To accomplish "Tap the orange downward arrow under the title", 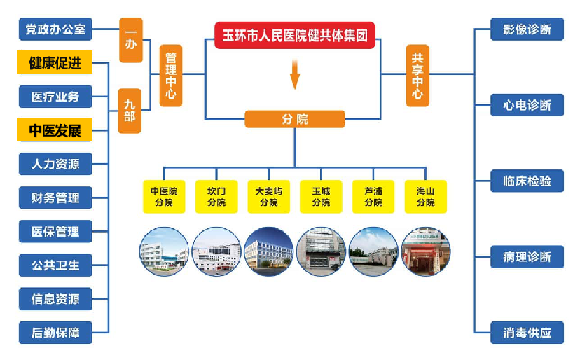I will [295, 74].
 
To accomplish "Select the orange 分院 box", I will [295, 119].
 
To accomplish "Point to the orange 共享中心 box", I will [417, 76].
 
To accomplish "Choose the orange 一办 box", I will [130, 40].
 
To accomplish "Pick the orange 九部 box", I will [130, 111].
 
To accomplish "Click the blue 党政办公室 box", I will [55, 29].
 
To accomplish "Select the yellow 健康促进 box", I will [55, 63].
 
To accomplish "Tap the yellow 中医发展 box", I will [55, 130].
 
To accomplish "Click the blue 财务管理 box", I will [55, 198].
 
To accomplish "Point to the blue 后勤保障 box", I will [55, 333].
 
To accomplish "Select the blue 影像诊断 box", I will [527, 29].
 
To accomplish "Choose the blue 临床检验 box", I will [527, 181].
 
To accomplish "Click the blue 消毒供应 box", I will [527, 333].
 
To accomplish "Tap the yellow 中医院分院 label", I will [164, 197].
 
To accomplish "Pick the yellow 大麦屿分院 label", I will [268, 197].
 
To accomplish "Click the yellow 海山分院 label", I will [426, 197].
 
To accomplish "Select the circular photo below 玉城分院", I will [321, 251].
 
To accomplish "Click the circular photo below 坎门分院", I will [216, 251].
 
